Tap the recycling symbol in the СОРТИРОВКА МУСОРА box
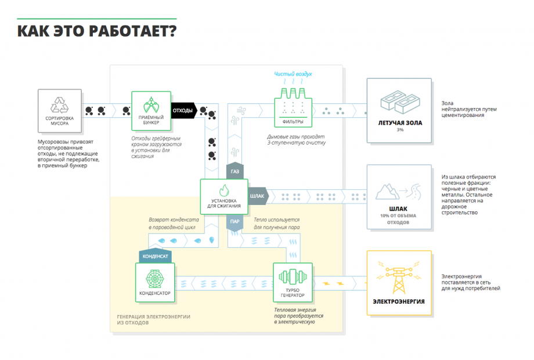point(60,106)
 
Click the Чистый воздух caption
point(293,74)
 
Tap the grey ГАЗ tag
point(235,172)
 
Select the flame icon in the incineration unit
point(224,190)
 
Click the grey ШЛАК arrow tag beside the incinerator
point(258,196)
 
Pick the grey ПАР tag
point(234,221)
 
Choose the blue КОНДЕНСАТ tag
point(155,255)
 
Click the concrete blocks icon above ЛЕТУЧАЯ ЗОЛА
point(399,103)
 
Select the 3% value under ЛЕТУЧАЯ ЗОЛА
point(399,130)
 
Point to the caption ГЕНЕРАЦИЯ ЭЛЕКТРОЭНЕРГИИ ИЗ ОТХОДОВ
point(153,319)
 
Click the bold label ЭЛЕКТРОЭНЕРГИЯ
point(399,301)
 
